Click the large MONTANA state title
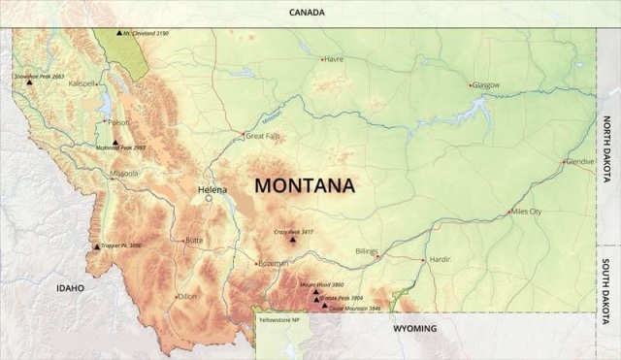coord(304,184)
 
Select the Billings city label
coord(366,250)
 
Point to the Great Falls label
coord(263,137)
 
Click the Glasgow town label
coord(485,84)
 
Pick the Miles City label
coord(526,211)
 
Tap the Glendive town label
coord(579,161)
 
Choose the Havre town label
coord(334,59)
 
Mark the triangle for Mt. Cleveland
coord(118,33)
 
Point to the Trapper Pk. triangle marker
coord(96,245)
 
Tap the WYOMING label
coord(414,328)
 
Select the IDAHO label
coord(70,287)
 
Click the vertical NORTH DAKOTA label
coord(607,143)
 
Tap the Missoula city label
coord(124,174)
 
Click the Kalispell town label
coord(82,83)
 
